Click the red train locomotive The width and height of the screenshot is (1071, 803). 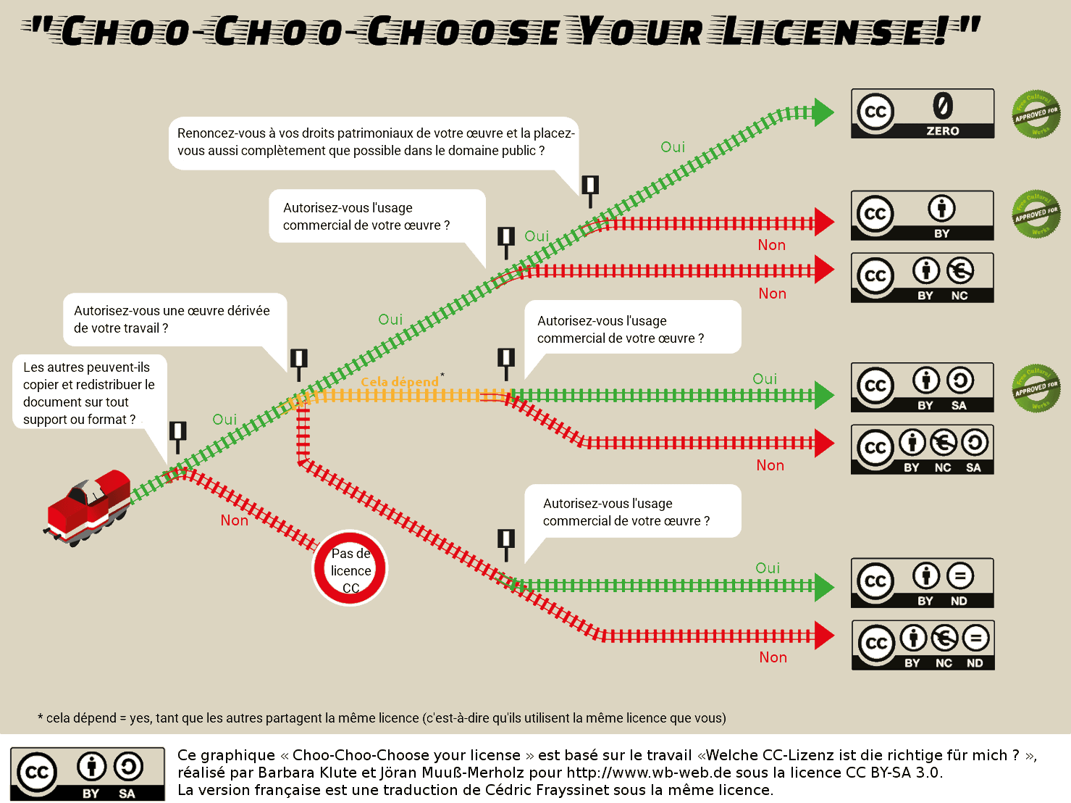click(88, 507)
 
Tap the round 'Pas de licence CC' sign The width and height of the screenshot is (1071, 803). click(350, 568)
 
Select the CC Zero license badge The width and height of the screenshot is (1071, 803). click(922, 114)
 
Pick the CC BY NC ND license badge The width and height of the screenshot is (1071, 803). click(923, 645)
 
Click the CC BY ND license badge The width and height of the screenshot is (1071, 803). click(922, 583)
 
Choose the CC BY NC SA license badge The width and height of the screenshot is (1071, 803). click(922, 449)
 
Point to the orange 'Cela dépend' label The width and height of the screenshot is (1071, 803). click(400, 382)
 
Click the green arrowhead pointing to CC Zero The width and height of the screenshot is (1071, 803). click(823, 113)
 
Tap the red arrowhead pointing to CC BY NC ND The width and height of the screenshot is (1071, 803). click(823, 636)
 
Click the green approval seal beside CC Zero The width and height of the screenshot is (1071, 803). click(1036, 115)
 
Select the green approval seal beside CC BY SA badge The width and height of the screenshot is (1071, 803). click(1036, 388)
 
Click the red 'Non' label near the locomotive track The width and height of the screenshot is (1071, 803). click(234, 520)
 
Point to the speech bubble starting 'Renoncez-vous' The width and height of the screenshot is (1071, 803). click(374, 143)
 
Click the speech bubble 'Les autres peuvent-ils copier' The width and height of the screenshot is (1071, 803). click(90, 393)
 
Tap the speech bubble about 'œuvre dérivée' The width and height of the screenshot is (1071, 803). click(175, 320)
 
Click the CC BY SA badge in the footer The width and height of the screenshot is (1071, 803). click(88, 774)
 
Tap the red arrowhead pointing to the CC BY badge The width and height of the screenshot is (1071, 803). click(823, 222)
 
